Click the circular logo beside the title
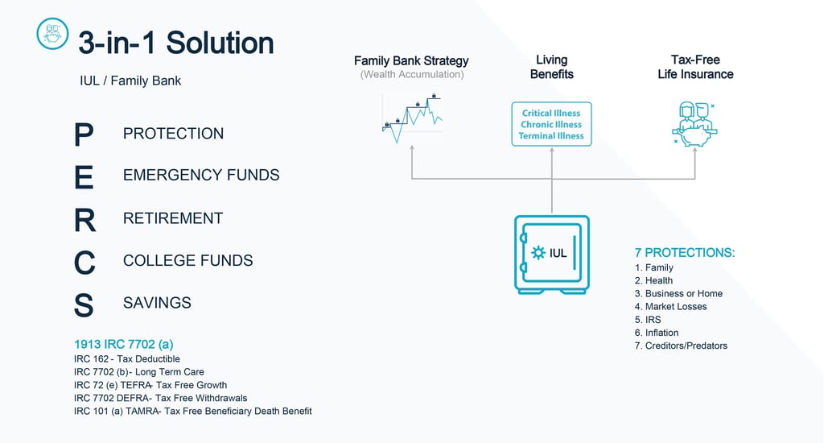(x=52, y=34)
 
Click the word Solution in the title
(x=220, y=43)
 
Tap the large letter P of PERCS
(x=84, y=135)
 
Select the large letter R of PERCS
(x=84, y=220)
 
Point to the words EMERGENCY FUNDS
(x=201, y=175)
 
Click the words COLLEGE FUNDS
(x=188, y=260)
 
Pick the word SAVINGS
(x=157, y=303)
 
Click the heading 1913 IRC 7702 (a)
(x=123, y=344)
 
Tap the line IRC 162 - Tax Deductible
(x=127, y=358)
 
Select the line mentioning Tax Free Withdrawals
(x=161, y=398)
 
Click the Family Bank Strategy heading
(x=411, y=61)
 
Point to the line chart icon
(x=412, y=118)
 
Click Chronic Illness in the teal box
(x=551, y=125)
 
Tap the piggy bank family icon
(x=694, y=124)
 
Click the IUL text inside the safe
(x=558, y=253)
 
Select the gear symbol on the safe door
(x=538, y=253)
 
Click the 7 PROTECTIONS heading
(x=685, y=253)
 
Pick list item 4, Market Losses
(x=670, y=307)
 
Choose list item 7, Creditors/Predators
(x=681, y=346)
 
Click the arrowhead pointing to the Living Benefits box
(x=552, y=151)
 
